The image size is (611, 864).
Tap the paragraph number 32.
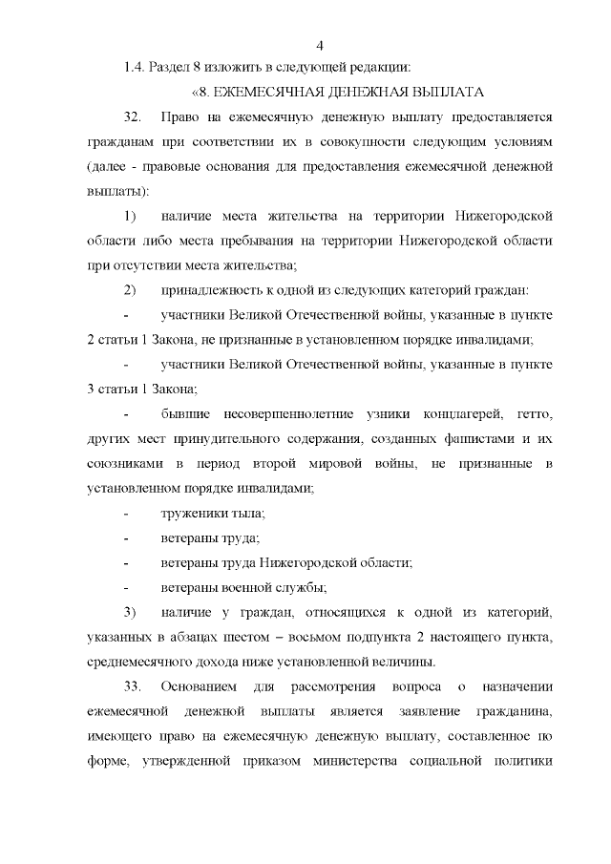132,117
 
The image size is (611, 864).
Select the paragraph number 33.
132,686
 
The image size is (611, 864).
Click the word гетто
534,413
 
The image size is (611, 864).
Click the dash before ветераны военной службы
126,587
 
